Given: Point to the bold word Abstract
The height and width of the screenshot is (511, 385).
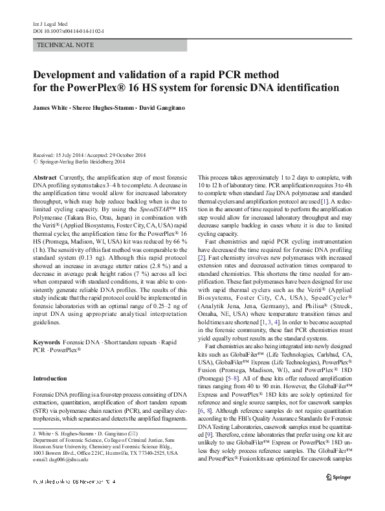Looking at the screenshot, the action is tap(44, 176).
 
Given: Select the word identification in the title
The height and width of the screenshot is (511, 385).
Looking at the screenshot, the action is tap(317, 88).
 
